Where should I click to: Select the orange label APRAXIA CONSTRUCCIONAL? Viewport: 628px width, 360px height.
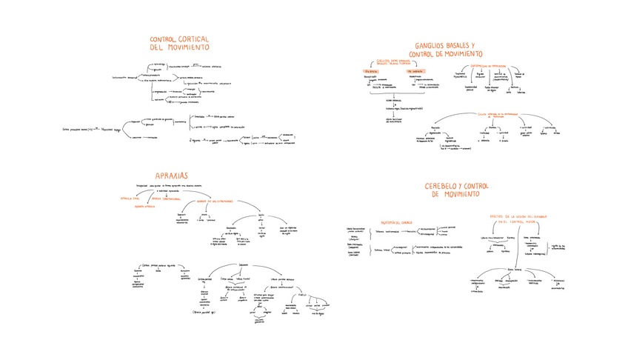[167, 198]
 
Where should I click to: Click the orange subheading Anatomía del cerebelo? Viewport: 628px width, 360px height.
[392, 222]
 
